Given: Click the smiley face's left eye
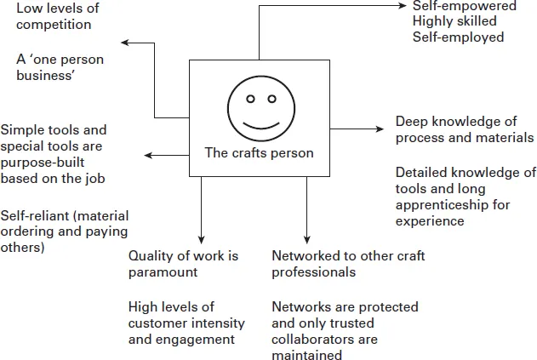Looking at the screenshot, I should [250, 98].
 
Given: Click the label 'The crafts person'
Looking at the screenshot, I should [259, 153].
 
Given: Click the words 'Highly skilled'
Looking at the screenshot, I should [451, 21].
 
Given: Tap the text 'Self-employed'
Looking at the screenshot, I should [458, 37].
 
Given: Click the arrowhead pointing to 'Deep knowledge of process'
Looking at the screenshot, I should [382, 129].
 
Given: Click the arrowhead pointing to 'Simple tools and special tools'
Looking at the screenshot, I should [147, 155].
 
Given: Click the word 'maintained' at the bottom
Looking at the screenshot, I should [304, 355].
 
